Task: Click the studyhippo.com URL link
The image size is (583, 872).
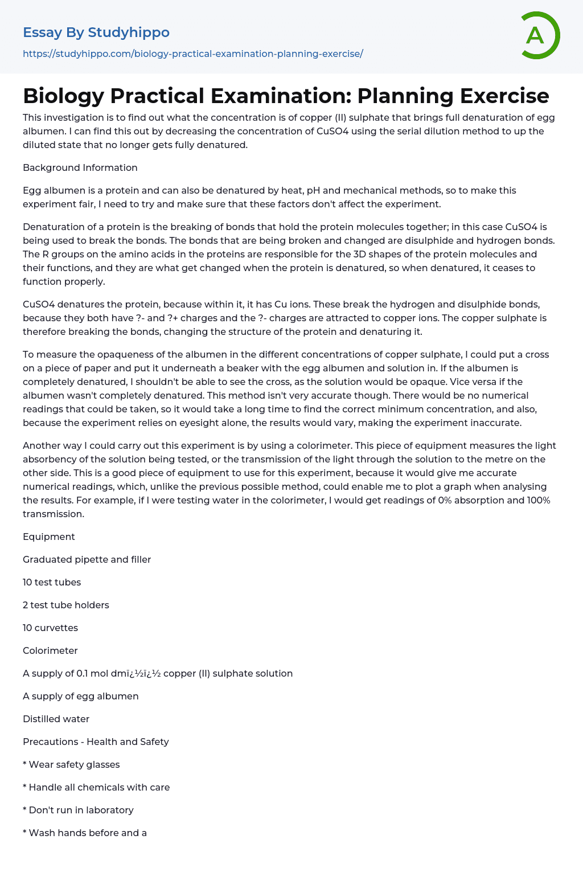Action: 192,54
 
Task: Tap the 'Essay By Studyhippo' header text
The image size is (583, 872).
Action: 96,32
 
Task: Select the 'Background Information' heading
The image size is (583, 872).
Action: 80,167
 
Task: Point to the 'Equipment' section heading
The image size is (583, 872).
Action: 49,537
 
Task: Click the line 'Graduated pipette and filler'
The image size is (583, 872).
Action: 87,559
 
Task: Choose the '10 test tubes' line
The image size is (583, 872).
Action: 52,582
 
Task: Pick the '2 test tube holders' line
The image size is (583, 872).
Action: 66,605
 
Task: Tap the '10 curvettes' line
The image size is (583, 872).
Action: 51,628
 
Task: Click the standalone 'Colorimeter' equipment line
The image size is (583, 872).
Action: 50,650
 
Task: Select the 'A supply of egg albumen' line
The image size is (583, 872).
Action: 81,696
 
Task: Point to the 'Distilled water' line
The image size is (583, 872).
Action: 56,719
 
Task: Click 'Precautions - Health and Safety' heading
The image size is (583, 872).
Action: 96,742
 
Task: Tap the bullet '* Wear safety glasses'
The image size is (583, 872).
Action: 71,764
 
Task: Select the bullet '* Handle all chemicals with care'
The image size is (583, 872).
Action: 96,787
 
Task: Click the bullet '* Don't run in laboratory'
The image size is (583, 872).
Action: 78,810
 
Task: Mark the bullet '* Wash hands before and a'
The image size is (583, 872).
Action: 85,833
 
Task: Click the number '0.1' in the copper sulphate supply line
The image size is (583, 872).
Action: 82,673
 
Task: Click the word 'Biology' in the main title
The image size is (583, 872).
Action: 63,96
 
